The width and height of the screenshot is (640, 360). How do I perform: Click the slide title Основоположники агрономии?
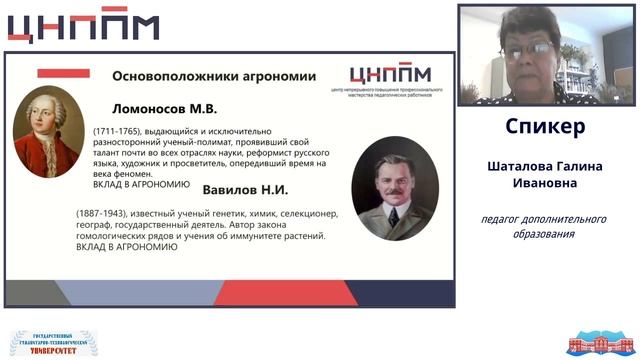[x=214, y=75]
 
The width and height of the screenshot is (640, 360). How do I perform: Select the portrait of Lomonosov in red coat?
[x=47, y=132]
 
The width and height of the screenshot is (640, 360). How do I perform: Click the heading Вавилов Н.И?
[x=244, y=190]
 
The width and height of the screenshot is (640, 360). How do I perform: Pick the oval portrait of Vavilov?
[x=389, y=187]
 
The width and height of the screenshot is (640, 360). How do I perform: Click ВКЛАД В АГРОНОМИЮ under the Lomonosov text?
[x=141, y=184]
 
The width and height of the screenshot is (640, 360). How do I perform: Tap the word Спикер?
[x=545, y=128]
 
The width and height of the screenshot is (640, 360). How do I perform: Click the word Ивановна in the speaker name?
[x=545, y=183]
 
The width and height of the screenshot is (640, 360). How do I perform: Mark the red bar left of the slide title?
[x=63, y=74]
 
